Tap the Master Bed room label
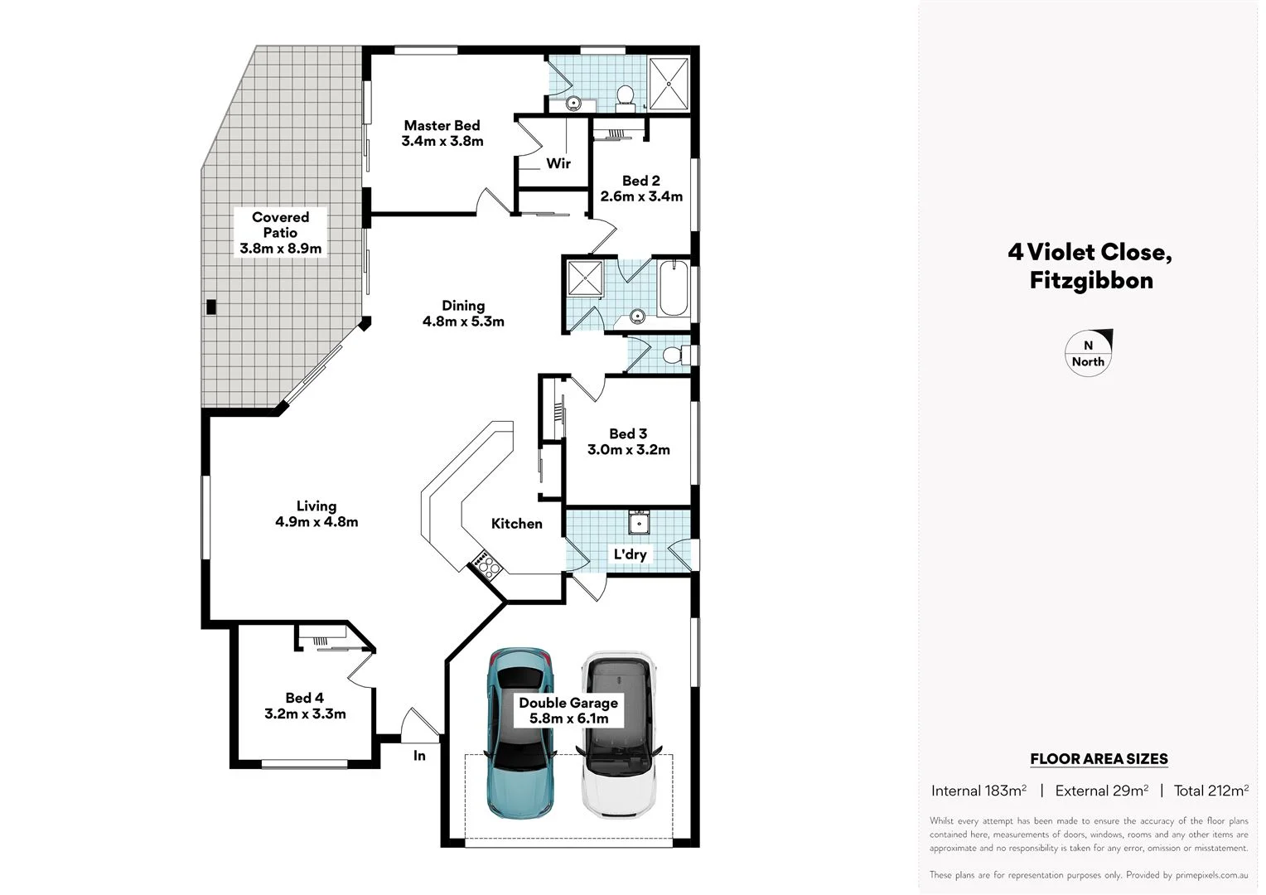(442, 126)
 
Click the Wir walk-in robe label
(558, 163)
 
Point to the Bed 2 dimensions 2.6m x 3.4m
(641, 196)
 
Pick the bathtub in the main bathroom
(673, 288)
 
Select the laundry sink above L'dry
(639, 523)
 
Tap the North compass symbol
(1089, 353)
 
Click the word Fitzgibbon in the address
(1090, 280)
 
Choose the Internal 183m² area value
(978, 791)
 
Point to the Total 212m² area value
(1210, 791)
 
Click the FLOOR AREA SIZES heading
(1099, 758)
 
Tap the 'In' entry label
(419, 755)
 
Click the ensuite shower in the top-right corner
(668, 84)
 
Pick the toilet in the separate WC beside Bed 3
(676, 355)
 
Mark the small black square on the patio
(211, 307)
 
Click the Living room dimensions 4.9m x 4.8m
(316, 522)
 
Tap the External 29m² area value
(1101, 791)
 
